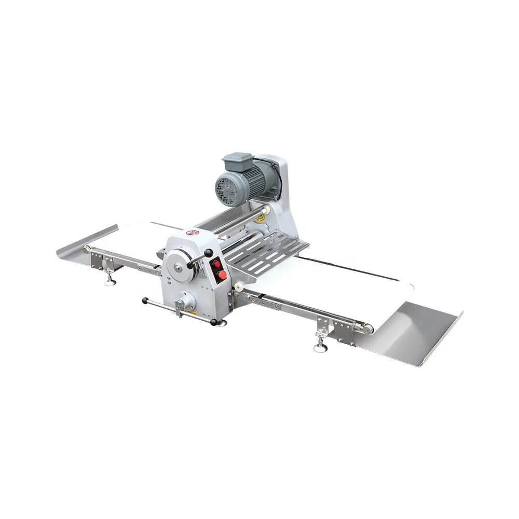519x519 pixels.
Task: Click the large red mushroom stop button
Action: pyautogui.click(x=221, y=274)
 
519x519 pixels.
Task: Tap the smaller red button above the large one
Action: pyautogui.click(x=216, y=263)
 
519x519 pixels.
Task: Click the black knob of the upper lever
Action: pyautogui.click(x=209, y=253)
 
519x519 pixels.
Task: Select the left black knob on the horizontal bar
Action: pyautogui.click(x=145, y=301)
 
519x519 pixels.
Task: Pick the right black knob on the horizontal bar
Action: pyautogui.click(x=214, y=323)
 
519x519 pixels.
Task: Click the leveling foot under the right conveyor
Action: pyautogui.click(x=318, y=345)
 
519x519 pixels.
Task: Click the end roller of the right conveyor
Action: pyautogui.click(x=367, y=326)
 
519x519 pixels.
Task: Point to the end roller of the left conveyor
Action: pyautogui.click(x=88, y=250)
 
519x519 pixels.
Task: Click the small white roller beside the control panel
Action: pyautogui.click(x=240, y=287)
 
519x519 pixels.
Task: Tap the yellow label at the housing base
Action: pyautogui.click(x=193, y=312)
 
